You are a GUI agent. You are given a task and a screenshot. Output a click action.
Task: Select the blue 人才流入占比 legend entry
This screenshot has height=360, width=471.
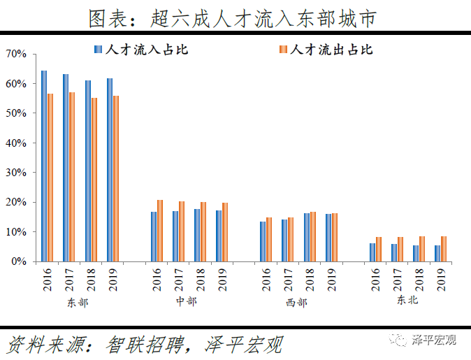pos(140,50)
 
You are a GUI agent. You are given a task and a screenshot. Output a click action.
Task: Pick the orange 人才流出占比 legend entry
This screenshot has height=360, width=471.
pos(325,50)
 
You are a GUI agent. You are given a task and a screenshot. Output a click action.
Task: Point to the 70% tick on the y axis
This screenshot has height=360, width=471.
pos(16,54)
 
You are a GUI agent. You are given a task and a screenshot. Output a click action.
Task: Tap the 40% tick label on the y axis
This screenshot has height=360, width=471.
pos(16,143)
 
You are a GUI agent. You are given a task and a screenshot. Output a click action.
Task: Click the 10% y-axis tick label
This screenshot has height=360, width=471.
pos(16,231)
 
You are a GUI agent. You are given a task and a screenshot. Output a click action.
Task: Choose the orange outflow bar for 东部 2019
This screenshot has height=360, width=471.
pos(116,178)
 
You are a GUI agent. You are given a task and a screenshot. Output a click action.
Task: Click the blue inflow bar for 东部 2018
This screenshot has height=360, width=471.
pos(88,171)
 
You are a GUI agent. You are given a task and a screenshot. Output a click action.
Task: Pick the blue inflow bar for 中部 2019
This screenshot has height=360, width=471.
pos(219,236)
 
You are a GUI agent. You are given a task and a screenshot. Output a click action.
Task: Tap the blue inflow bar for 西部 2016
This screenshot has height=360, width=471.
pos(263,241)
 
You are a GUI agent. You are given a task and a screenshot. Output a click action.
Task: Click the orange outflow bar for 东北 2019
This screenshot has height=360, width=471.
pos(444,249)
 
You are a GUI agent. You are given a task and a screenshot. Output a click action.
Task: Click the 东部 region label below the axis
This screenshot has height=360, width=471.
pos(78,303)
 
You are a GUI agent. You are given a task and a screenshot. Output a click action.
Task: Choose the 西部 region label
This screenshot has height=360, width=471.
pos(296,303)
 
